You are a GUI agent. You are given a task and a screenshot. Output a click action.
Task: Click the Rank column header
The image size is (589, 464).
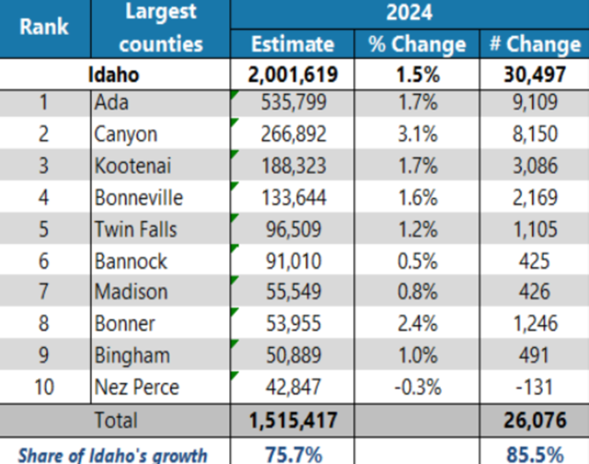coord(44,26)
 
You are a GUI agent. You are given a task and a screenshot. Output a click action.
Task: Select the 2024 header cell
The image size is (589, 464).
coord(410,14)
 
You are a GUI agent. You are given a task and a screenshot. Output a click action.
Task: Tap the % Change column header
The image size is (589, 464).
coord(417,44)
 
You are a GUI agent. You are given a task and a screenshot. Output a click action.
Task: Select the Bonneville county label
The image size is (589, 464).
coord(138,198)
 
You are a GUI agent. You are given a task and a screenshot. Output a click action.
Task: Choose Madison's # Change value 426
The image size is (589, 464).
coord(535,293)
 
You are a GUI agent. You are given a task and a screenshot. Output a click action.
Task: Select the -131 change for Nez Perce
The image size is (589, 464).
coord(535,388)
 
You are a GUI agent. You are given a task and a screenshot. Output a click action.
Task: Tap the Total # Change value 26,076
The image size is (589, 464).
coord(535,421)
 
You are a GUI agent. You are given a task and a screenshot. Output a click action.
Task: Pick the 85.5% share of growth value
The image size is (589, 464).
coord(535,454)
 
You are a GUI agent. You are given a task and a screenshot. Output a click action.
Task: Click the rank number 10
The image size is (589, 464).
coord(44,388)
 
